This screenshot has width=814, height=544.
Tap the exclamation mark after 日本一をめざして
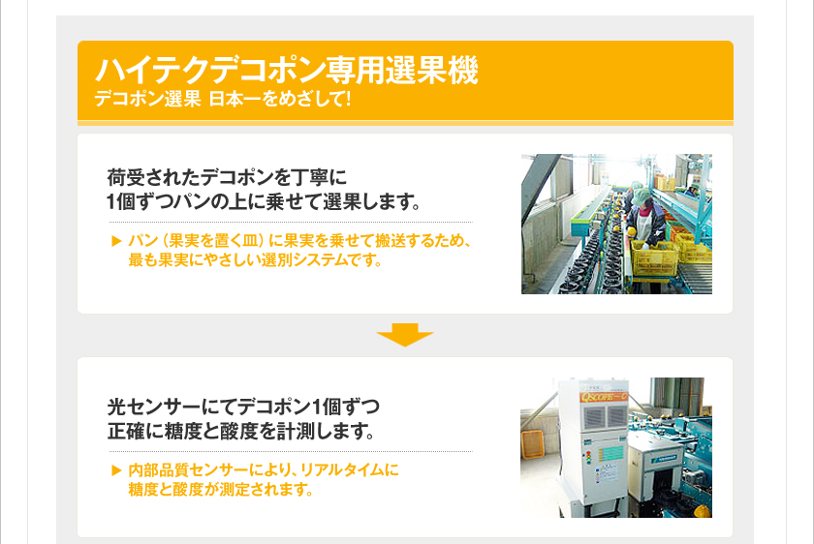347,98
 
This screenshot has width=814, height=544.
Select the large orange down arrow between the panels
405,335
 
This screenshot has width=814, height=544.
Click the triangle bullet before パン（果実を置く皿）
117,241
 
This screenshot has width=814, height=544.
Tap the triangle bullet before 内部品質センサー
117,470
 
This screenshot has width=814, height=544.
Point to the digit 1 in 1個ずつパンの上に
110,201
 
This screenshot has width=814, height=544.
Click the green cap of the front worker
642,195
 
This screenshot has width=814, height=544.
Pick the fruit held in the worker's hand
631,230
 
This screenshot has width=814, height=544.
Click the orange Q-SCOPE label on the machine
604,397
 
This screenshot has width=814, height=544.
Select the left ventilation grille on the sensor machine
593,416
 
